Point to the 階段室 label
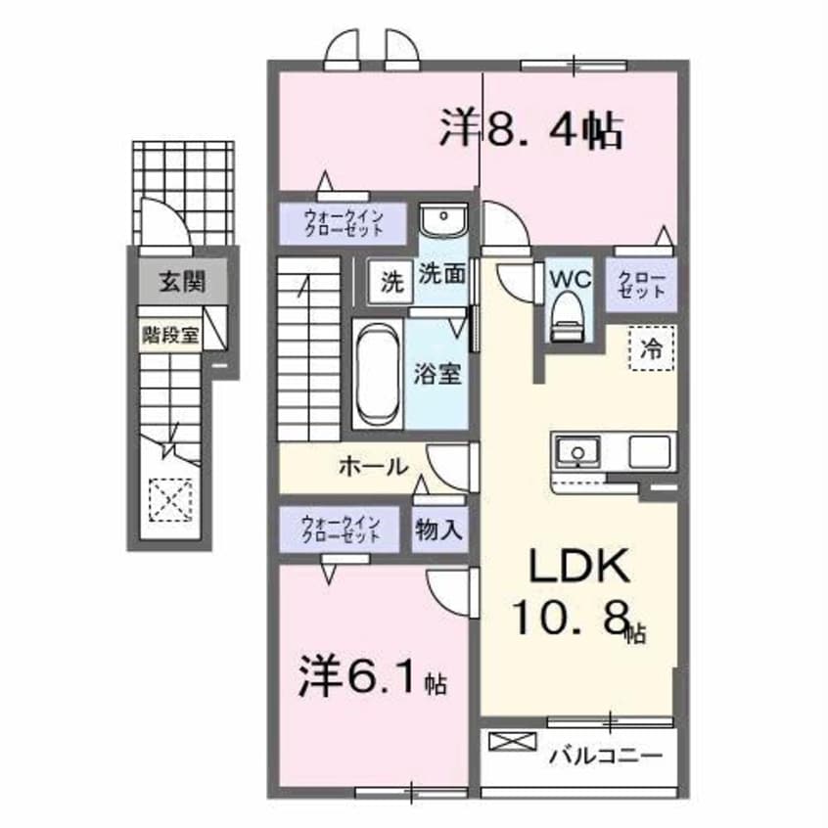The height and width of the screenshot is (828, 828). point(170,335)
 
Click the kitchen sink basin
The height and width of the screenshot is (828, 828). point(577,453)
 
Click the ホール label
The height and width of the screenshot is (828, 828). point(373,468)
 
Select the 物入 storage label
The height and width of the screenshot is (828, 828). point(437,530)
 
